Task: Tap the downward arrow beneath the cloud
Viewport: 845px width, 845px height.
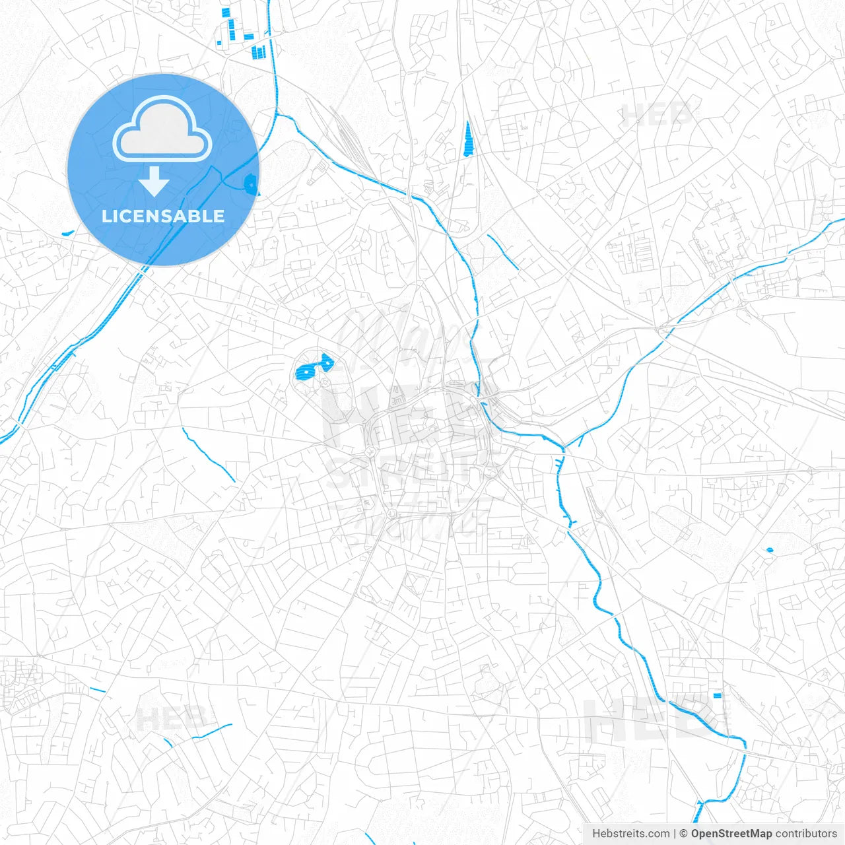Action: [x=154, y=182]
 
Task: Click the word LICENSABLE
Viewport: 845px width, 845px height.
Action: [x=163, y=216]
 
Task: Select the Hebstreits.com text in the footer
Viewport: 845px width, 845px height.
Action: [x=630, y=834]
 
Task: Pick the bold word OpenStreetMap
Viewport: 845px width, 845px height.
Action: [x=731, y=834]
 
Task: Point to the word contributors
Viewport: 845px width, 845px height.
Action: [x=806, y=834]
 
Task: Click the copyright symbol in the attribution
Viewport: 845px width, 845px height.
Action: [x=683, y=834]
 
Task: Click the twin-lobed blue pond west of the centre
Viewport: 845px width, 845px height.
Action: [x=312, y=367]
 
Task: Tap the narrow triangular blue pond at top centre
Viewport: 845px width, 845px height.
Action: [x=468, y=139]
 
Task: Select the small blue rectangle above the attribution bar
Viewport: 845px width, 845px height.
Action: [x=718, y=695]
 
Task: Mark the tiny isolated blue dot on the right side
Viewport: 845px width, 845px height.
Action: [x=770, y=549]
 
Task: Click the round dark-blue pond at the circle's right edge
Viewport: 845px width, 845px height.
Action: [x=251, y=184]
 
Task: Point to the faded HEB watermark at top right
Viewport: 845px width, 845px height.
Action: [x=658, y=116]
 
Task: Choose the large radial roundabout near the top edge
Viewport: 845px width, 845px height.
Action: [x=557, y=75]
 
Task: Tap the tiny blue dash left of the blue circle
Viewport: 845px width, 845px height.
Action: [x=67, y=232]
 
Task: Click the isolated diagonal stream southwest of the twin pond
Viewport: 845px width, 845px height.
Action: [x=208, y=454]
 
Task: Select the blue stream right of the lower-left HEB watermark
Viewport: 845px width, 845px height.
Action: [x=213, y=731]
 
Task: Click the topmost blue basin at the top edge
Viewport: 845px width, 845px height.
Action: [x=226, y=11]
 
